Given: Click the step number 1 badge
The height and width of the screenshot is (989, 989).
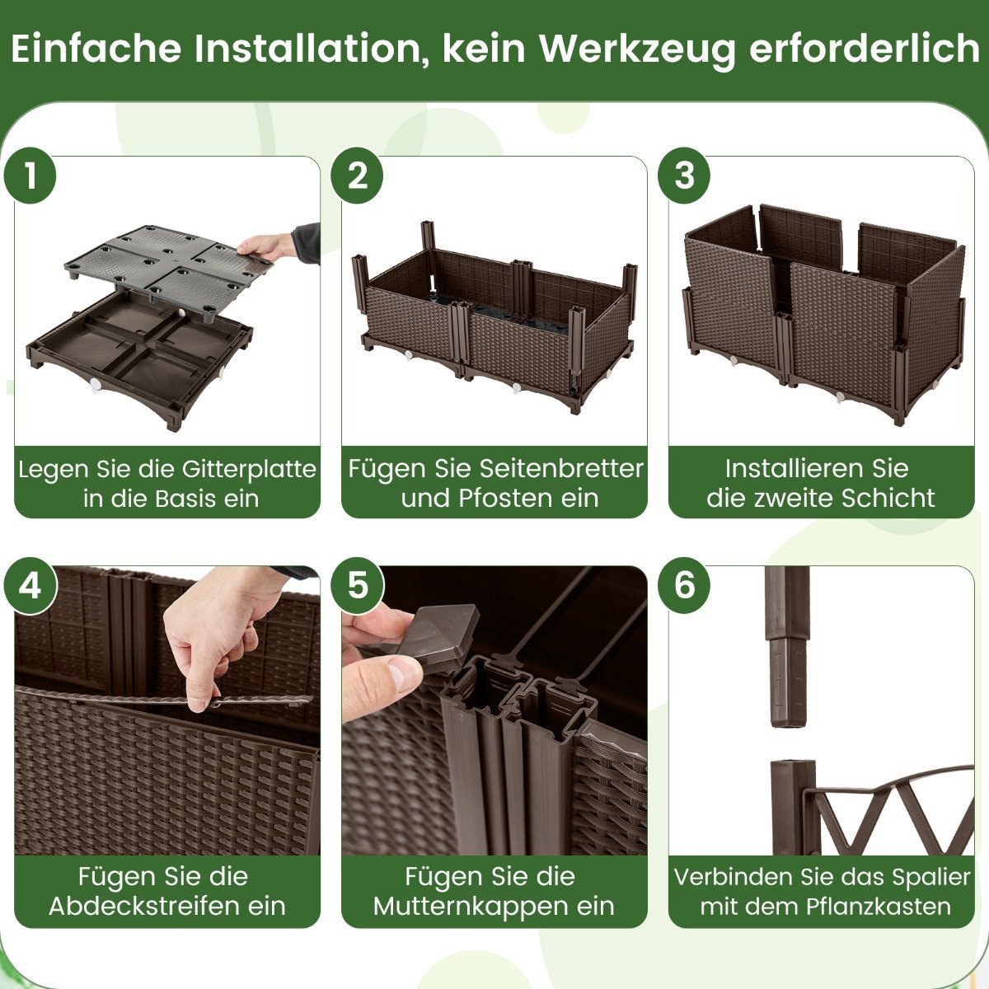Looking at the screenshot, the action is pyautogui.click(x=30, y=176).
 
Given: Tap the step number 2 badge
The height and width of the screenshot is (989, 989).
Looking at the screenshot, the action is pyautogui.click(x=357, y=176).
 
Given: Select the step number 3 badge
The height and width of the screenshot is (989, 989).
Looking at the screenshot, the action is pyautogui.click(x=684, y=176).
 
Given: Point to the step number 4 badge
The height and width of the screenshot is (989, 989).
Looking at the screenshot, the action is pyautogui.click(x=30, y=585).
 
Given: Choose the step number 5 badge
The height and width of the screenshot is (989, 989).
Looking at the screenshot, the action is pyautogui.click(x=357, y=585).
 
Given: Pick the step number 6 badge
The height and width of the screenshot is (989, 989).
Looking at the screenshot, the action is pyautogui.click(x=684, y=585).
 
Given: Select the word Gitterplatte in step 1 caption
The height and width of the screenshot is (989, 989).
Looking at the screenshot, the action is pyautogui.click(x=250, y=469).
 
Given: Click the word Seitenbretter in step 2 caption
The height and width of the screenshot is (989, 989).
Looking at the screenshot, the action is pyautogui.click(x=561, y=468).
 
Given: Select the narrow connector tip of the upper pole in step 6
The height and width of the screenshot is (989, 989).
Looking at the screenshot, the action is pyautogui.click(x=786, y=682).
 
